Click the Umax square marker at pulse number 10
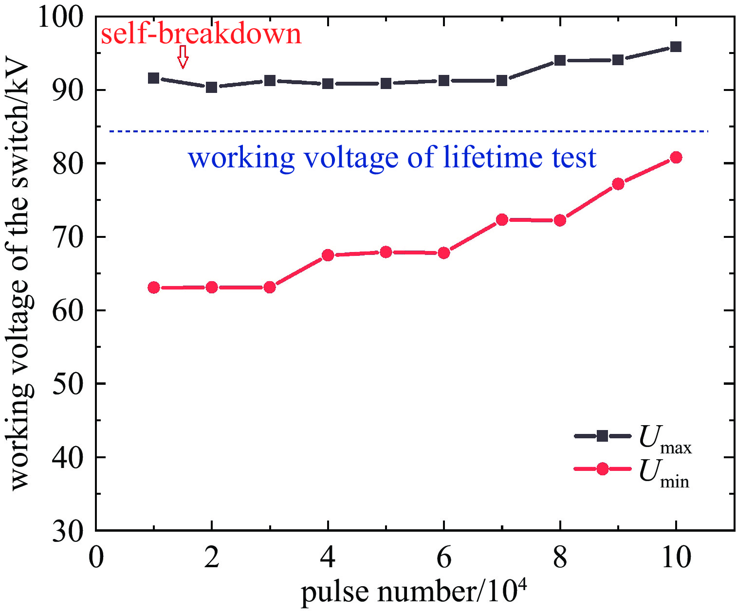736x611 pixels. (676, 47)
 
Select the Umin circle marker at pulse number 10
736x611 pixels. (676, 158)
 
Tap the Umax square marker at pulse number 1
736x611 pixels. (154, 78)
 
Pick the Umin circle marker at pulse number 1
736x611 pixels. (154, 288)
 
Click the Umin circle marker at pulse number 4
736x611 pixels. (328, 255)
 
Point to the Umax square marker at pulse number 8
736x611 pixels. (560, 60)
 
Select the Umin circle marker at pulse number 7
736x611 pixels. (502, 220)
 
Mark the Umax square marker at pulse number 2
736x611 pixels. (212, 87)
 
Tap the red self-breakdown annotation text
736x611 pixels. (201, 34)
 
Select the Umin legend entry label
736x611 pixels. (664, 473)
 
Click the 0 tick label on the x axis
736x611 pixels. (96, 557)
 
